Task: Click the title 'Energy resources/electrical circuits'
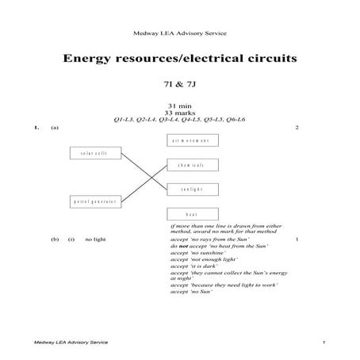pos(179,59)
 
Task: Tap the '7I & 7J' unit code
pos(179,84)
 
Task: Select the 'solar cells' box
pos(94,153)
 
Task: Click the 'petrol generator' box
pos(96,201)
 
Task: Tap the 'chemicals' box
pos(190,165)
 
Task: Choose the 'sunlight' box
pos(190,189)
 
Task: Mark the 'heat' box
pos(190,214)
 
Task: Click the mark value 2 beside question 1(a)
pos(295,128)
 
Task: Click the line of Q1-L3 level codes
pos(179,120)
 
